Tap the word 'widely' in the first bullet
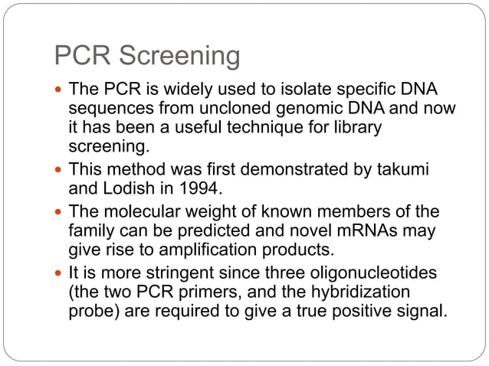coord(182,90)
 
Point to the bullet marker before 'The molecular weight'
coord(59,213)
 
